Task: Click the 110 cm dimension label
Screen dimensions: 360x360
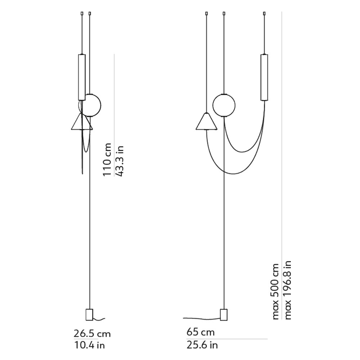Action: pyautogui.click(x=107, y=159)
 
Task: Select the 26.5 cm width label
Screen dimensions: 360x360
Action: pyautogui.click(x=92, y=334)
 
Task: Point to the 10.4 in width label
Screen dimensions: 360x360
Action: pyautogui.click(x=89, y=345)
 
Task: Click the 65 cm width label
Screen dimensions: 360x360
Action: pyautogui.click(x=201, y=332)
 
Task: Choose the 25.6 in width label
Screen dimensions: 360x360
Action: pyautogui.click(x=202, y=345)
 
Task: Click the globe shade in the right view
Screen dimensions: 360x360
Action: pyautogui.click(x=224, y=105)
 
